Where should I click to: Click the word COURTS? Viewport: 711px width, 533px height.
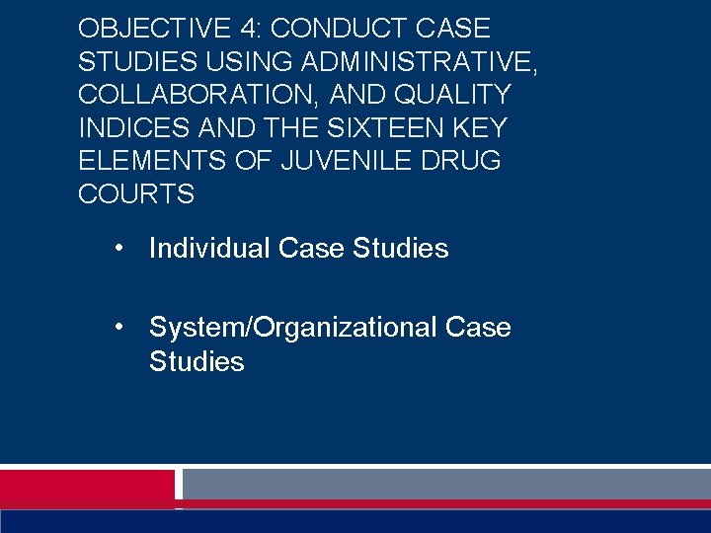[x=136, y=193]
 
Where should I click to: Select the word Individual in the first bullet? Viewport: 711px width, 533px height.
[x=209, y=248]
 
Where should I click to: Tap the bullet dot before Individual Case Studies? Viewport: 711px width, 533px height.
[x=118, y=248]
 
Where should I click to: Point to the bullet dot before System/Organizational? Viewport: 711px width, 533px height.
[x=118, y=327]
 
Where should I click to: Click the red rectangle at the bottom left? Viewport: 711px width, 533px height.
[x=87, y=486]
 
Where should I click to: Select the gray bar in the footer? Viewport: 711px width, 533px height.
[x=446, y=483]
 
